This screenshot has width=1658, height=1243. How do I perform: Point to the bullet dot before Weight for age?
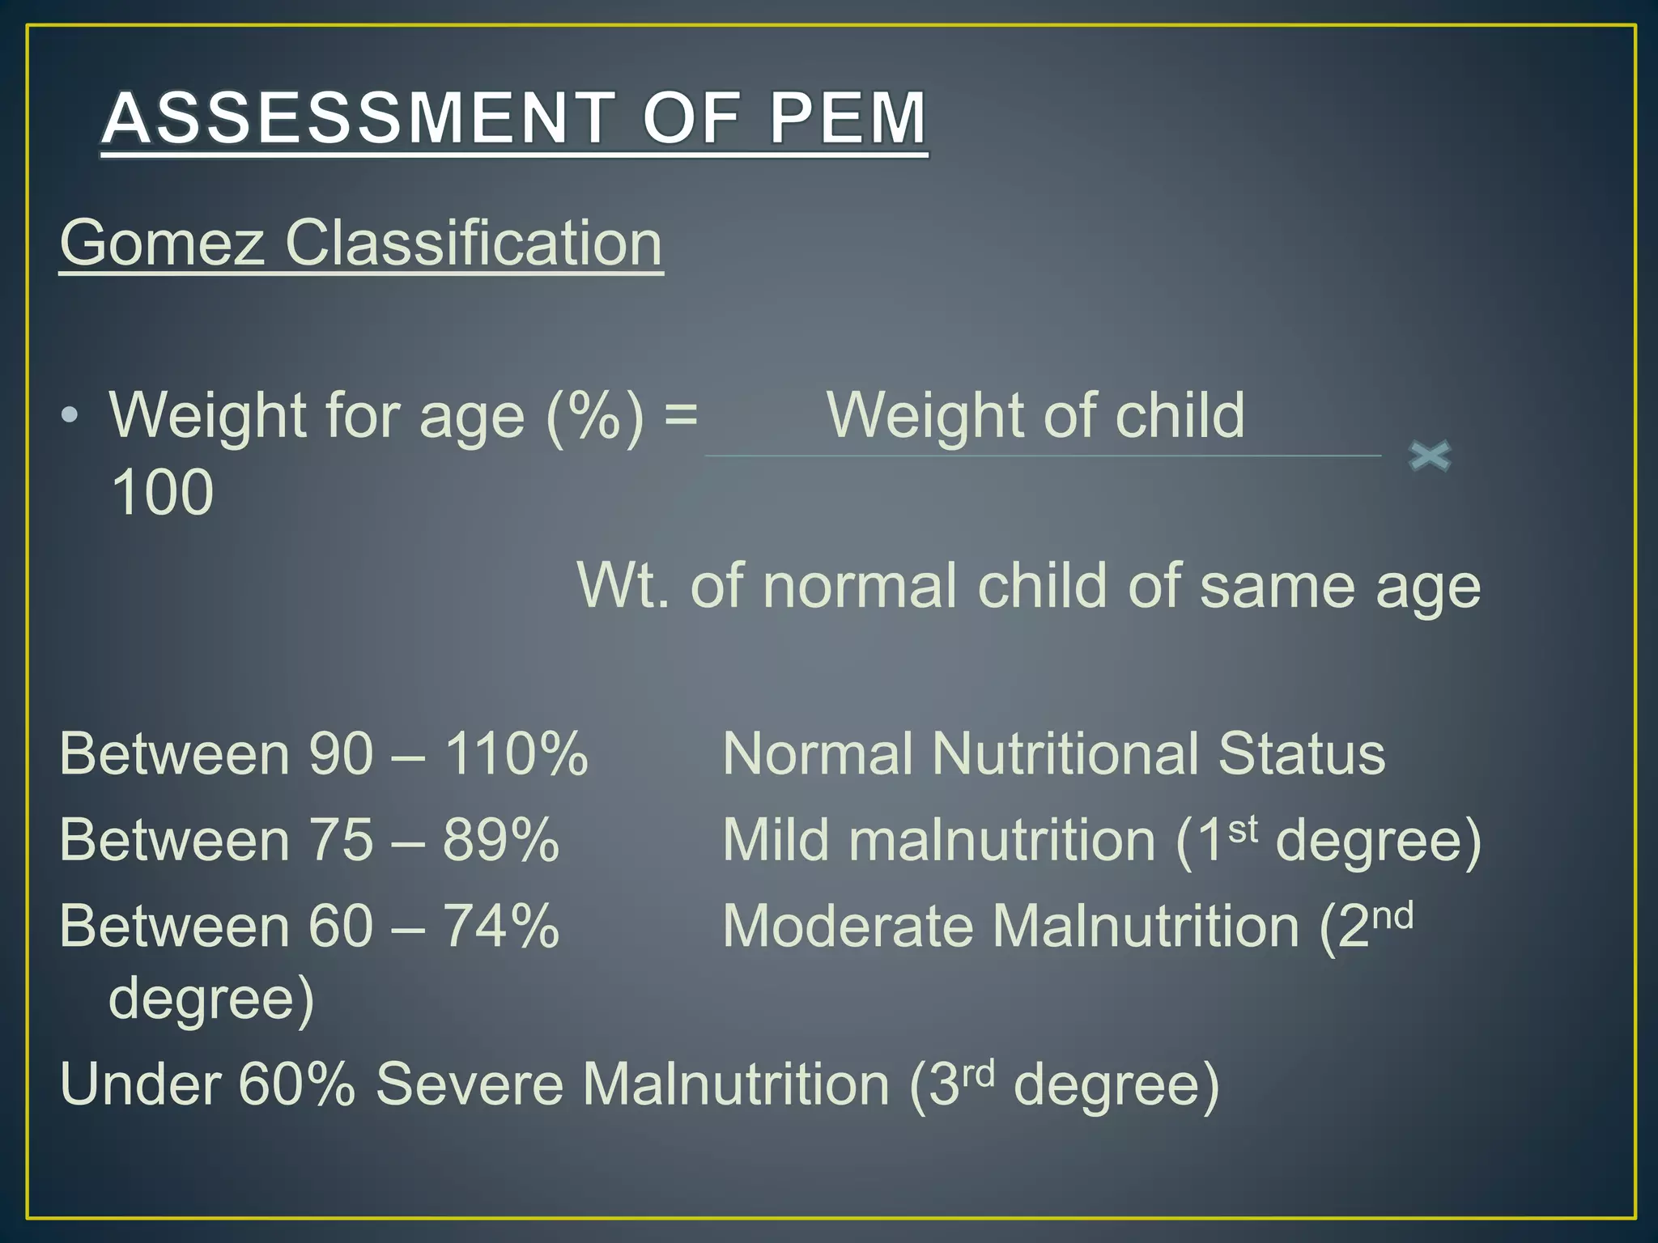[x=70, y=416]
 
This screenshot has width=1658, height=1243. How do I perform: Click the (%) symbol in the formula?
[x=595, y=416]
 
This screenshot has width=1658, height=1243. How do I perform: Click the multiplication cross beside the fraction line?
[x=1430, y=456]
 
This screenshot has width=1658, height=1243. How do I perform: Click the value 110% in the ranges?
[x=517, y=754]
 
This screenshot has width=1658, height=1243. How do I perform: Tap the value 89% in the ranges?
[x=500, y=840]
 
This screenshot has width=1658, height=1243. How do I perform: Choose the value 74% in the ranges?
[x=500, y=926]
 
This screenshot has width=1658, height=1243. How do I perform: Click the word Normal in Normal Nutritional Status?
[x=818, y=754]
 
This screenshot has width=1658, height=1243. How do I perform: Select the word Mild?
[x=776, y=840]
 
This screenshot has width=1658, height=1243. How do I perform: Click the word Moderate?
[x=848, y=926]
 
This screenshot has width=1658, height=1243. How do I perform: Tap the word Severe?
[x=470, y=1084]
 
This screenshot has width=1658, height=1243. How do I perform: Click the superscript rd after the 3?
[x=978, y=1073]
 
